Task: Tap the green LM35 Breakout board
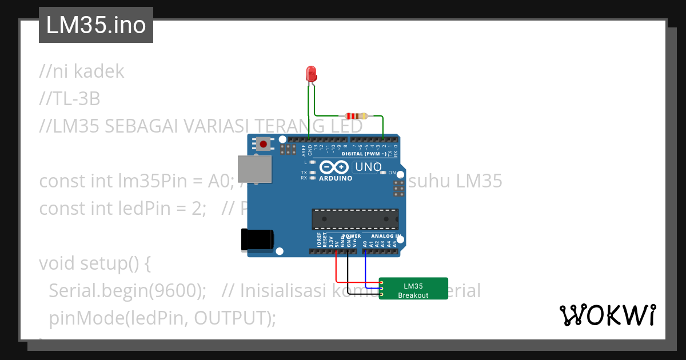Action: pos(413,288)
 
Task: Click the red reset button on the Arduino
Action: pos(263,143)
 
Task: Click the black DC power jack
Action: pos(256,239)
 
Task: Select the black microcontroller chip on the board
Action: pos(355,219)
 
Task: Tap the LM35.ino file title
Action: pos(96,25)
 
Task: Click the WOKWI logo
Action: pos(607,315)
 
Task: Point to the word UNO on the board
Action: pos(370,167)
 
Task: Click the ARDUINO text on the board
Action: pos(336,178)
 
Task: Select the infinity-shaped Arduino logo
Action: pos(334,167)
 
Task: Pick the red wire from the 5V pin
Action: pos(336,269)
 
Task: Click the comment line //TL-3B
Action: pos(70,99)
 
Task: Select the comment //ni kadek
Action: pos(82,71)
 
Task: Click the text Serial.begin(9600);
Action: pos(127,291)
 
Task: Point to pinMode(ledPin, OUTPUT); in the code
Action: pos(162,318)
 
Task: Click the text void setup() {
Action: pos(95,263)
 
